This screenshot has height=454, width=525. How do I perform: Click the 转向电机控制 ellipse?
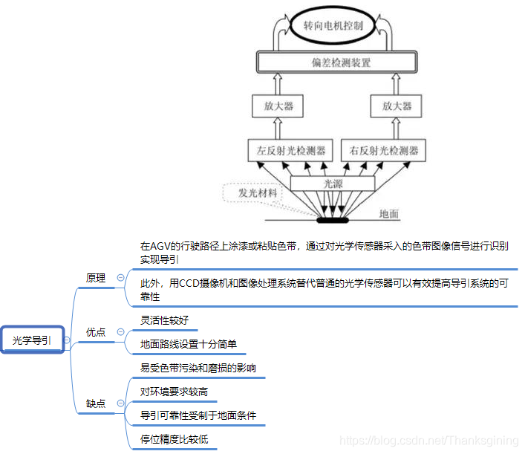[333, 25]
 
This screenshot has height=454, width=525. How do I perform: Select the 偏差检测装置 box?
[333, 62]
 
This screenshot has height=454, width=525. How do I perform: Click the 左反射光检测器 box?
[291, 151]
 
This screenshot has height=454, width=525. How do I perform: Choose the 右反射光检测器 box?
[384, 151]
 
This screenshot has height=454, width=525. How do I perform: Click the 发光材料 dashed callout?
[253, 192]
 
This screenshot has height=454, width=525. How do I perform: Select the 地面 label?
[389, 214]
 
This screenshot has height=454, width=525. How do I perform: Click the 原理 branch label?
[96, 278]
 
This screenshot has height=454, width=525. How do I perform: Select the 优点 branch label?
[96, 332]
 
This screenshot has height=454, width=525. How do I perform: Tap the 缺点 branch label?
[96, 403]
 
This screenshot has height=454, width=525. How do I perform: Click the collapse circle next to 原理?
[120, 278]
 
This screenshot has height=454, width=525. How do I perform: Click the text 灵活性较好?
[164, 320]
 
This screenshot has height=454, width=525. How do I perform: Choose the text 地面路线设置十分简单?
[189, 344]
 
